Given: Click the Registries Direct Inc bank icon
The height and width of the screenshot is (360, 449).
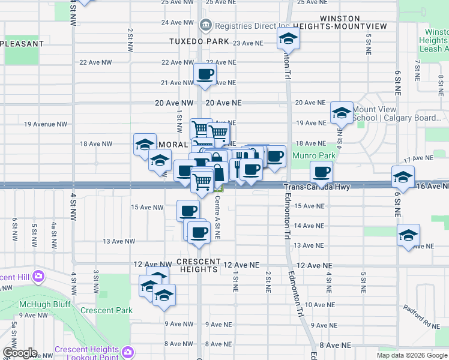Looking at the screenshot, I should [x=205, y=25].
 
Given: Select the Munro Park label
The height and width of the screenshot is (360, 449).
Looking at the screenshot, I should [x=313, y=156].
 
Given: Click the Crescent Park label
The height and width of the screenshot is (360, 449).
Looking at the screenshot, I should [x=106, y=310].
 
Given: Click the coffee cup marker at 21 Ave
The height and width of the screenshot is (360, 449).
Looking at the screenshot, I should [x=205, y=74].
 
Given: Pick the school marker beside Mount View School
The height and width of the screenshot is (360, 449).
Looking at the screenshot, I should [x=341, y=112].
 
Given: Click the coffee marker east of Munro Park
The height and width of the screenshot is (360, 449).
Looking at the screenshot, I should [x=321, y=172].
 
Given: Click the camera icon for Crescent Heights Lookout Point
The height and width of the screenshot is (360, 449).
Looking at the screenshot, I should [x=127, y=352].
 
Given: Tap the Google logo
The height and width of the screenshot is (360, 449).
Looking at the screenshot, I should [x=19, y=353].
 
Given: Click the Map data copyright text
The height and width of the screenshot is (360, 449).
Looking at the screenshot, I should [x=411, y=355].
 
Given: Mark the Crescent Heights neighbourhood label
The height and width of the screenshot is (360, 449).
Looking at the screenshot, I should [x=197, y=269].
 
